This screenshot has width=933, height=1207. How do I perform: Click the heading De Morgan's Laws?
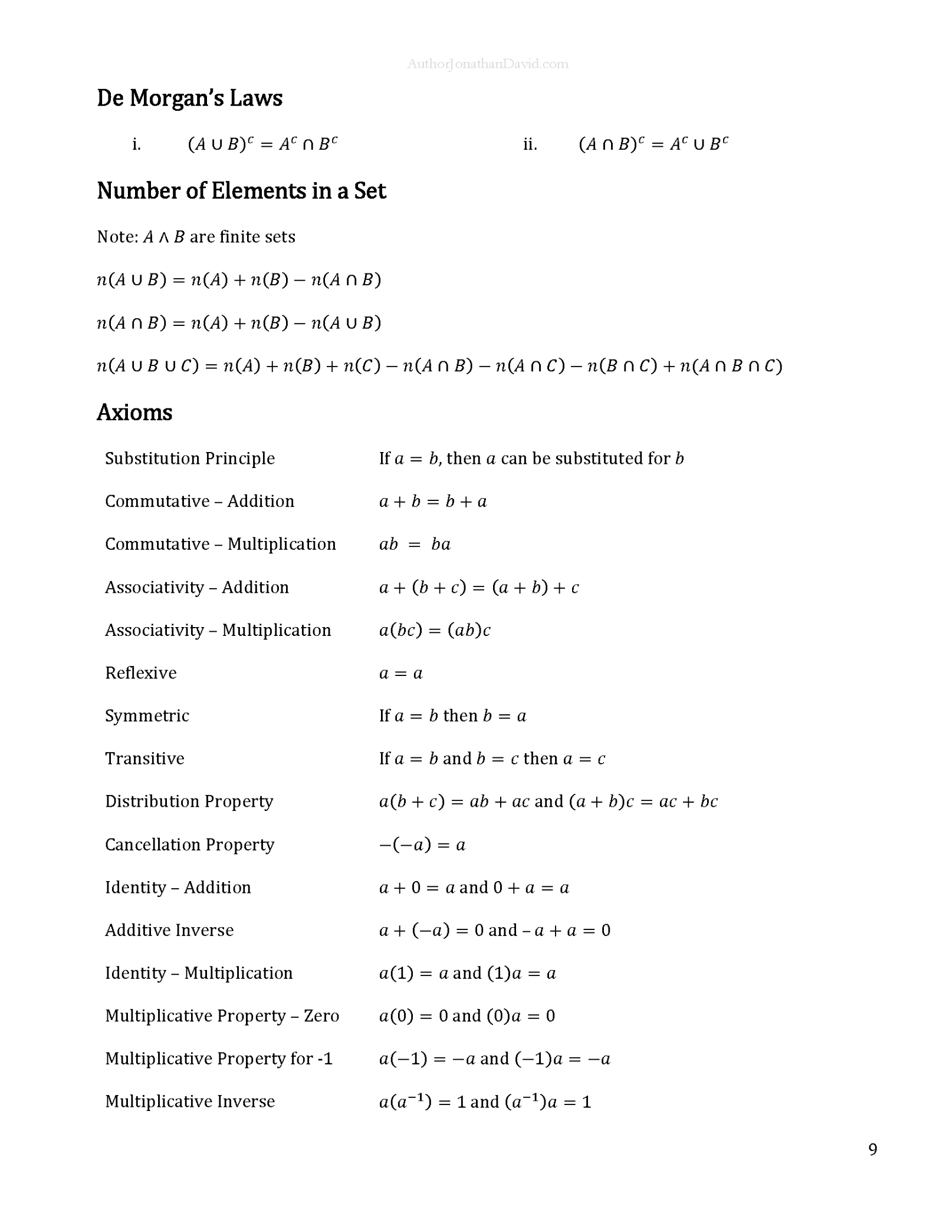(189, 98)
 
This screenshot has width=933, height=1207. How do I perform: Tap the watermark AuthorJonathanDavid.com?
(487, 64)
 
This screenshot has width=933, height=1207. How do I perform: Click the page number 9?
(873, 1149)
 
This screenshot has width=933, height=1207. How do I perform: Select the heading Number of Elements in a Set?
(241, 191)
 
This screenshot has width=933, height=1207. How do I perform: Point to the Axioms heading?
(134, 413)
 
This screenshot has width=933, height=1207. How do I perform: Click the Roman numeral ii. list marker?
(530, 144)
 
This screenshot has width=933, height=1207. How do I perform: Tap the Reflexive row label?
(140, 672)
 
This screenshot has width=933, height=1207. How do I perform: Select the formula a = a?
(400, 673)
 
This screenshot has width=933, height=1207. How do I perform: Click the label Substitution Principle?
(189, 458)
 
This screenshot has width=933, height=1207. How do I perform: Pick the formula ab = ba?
(415, 544)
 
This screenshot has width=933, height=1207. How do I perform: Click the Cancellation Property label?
(189, 845)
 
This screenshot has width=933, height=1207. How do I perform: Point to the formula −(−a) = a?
(422, 845)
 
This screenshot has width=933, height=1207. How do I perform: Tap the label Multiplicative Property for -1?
(218, 1058)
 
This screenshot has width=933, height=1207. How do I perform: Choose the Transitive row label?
(144, 758)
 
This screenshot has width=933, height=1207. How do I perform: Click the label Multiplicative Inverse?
(189, 1101)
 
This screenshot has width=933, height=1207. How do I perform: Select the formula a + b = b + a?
(433, 502)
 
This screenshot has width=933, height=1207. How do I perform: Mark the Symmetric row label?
(147, 715)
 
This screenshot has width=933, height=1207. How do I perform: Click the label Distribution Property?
(189, 802)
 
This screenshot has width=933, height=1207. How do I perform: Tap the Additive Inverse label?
(169, 930)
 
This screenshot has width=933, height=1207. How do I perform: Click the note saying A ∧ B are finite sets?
(196, 237)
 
